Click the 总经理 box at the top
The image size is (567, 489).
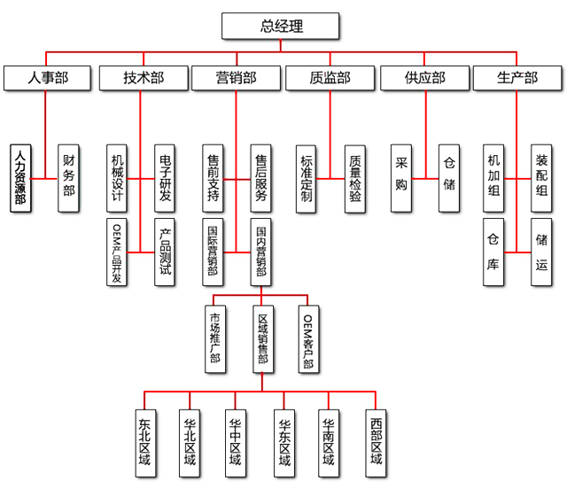click(x=281, y=27)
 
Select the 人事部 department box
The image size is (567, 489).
click(x=48, y=78)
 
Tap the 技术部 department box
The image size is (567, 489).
click(x=143, y=78)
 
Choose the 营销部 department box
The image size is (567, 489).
click(x=236, y=78)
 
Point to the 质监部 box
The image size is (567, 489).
click(x=330, y=78)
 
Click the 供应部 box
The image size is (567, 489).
click(x=424, y=78)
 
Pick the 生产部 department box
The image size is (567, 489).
click(x=517, y=78)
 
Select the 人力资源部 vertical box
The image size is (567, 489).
click(x=21, y=178)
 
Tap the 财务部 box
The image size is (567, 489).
click(x=69, y=178)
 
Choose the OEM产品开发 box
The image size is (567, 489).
click(x=117, y=252)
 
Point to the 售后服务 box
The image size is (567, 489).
click(x=260, y=178)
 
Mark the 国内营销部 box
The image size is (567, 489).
click(x=260, y=252)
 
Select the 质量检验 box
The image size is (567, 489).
click(x=355, y=178)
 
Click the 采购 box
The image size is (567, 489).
click(x=401, y=178)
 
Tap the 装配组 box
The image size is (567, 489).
click(x=542, y=178)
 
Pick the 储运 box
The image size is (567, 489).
click(x=542, y=252)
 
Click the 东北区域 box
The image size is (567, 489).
click(x=144, y=442)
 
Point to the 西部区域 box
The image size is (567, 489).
click(x=377, y=442)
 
